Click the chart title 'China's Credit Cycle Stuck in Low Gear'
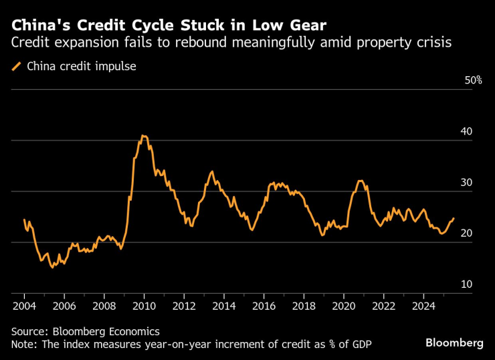pos(169,26)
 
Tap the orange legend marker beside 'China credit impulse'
pos(16,66)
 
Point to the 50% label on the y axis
pos(473,80)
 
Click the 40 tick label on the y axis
pos(466,131)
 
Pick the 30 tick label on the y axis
pos(466,183)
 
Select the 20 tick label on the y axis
pos(466,234)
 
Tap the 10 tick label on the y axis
pos(466,284)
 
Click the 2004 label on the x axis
pos(24,306)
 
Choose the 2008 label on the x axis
pos(104,306)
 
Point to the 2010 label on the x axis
pos(144,306)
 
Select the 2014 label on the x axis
pos(223,306)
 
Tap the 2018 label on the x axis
pos(304,306)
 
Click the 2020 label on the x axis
pos(344,306)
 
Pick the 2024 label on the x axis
pos(423,306)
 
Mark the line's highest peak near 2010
pos(143,136)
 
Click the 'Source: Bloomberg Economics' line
pos(86,331)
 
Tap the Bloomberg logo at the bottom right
pos(454,343)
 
